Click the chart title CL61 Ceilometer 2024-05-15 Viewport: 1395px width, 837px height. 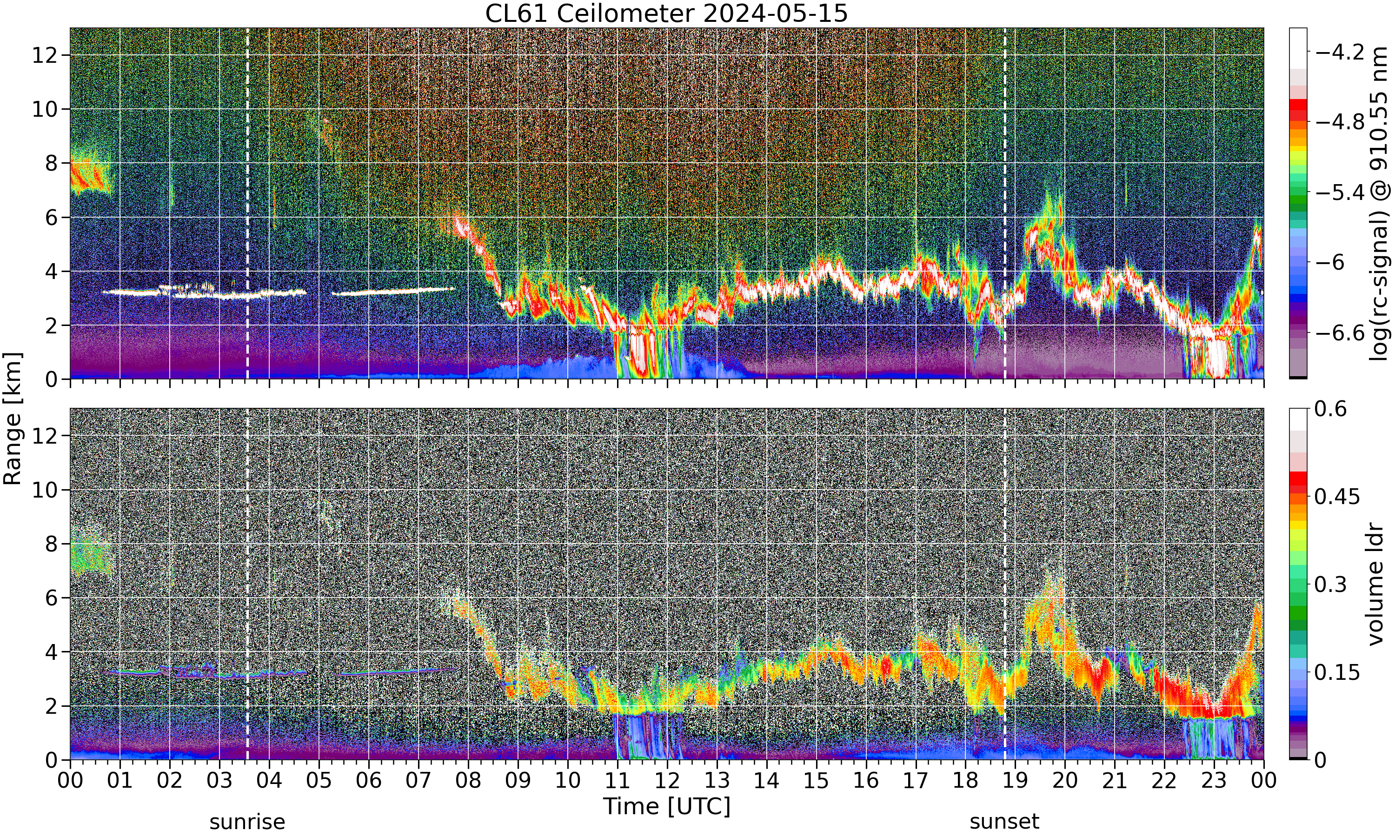point(666,13)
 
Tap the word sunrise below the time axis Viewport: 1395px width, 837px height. point(247,821)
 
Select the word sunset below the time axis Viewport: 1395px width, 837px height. point(1004,821)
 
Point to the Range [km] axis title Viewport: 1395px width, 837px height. point(13,418)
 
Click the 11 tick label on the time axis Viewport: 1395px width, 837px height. point(617,781)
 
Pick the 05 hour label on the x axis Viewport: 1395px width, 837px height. point(319,781)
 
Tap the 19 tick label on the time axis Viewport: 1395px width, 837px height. point(1015,781)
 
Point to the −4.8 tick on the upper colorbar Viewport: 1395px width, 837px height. point(1340,122)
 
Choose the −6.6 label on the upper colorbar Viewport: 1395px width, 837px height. point(1340,333)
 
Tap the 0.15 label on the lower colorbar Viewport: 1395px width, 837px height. point(1337,672)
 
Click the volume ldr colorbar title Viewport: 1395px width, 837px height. point(1376,585)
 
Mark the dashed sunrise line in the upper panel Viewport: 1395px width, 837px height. point(247,204)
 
